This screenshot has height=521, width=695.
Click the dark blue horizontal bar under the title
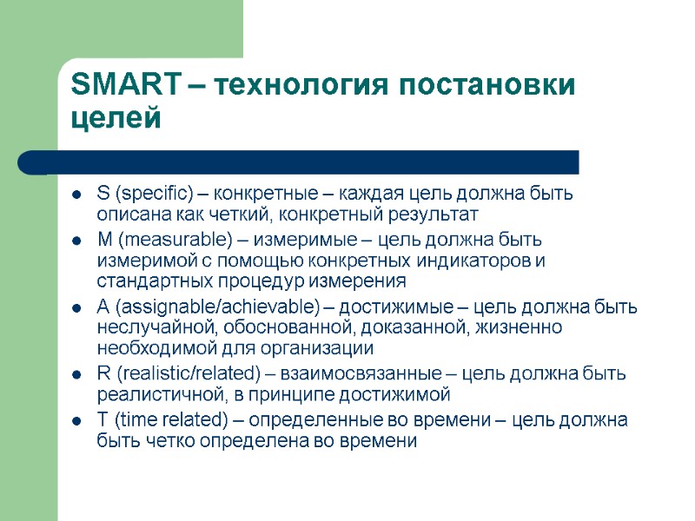point(313,162)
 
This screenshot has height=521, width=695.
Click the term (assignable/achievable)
point(209,307)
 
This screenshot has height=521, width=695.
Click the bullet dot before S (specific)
point(77,194)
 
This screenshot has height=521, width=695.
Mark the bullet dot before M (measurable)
point(77,240)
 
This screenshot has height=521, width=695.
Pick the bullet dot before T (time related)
point(77,422)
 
